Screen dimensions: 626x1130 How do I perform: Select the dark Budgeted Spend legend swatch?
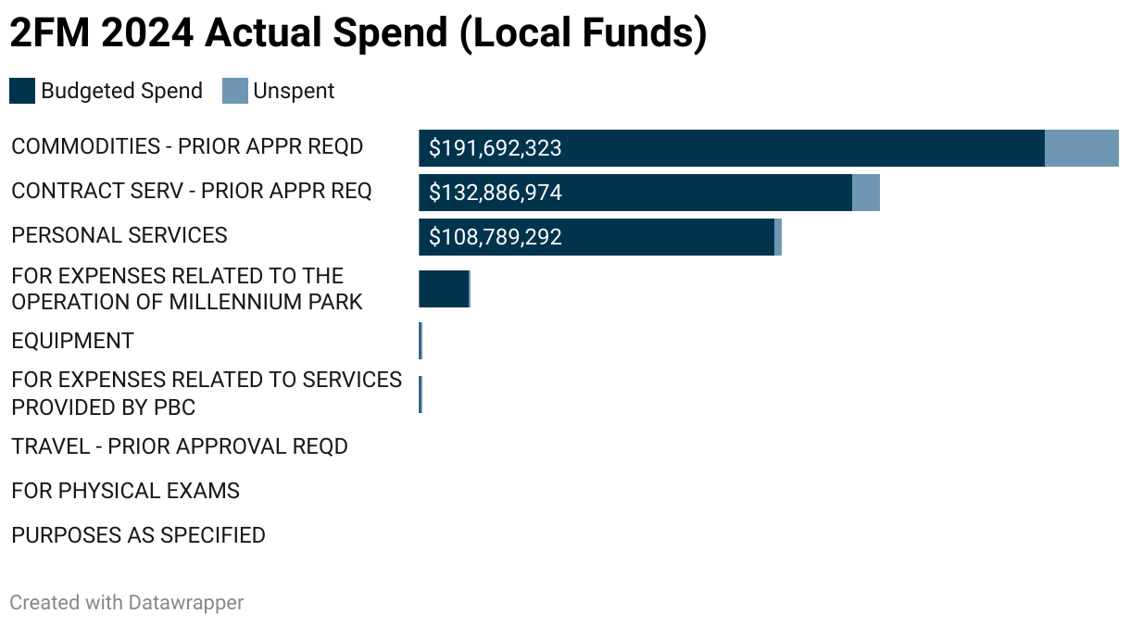(22, 91)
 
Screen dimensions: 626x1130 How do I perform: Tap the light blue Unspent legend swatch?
(235, 91)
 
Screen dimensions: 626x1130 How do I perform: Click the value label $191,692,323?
(496, 148)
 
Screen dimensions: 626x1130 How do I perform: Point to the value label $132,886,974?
(496, 193)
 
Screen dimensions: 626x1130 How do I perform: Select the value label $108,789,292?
(496, 237)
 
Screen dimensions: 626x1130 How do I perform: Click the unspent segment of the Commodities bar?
(1081, 148)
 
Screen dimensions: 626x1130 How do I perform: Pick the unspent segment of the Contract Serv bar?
(865, 193)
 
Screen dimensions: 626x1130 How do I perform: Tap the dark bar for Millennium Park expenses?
(444, 289)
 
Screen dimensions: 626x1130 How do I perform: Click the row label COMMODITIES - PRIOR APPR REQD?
(187, 146)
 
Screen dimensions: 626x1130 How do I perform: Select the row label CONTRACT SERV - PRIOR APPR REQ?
(191, 191)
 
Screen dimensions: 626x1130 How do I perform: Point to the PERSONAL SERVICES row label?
(119, 235)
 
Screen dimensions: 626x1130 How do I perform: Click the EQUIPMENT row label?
(72, 341)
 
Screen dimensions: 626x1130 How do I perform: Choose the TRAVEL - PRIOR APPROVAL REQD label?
(179, 446)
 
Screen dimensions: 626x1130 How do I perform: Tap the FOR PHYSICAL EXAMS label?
(125, 491)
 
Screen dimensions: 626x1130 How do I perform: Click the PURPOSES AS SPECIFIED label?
(138, 535)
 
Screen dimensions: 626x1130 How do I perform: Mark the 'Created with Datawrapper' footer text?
(126, 602)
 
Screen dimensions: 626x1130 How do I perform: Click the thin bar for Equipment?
(421, 341)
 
